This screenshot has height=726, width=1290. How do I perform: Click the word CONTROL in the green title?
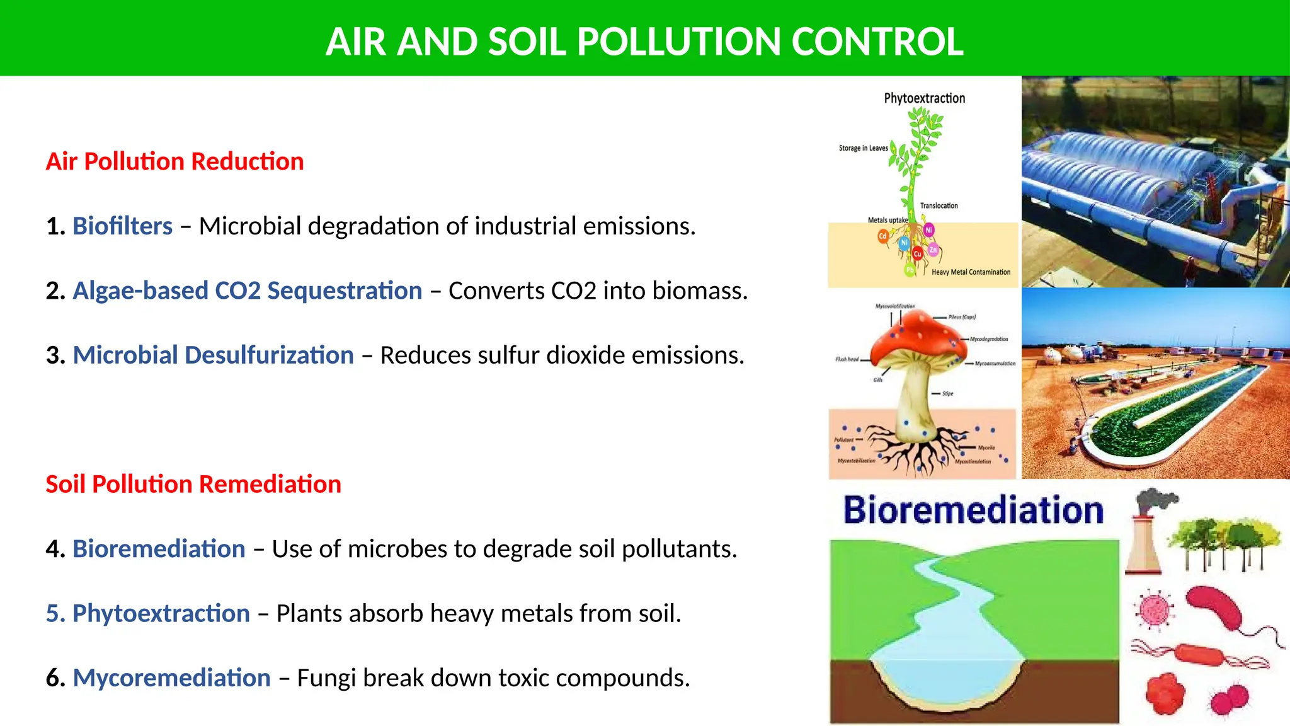[x=877, y=42]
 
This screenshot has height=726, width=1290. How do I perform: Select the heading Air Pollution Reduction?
[x=174, y=161]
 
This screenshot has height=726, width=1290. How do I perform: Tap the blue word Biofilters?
[x=122, y=226]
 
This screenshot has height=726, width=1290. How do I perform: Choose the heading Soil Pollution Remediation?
[x=193, y=484]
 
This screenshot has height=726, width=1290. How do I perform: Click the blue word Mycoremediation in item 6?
[x=171, y=677]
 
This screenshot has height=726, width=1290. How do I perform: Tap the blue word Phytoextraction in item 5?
[x=161, y=613]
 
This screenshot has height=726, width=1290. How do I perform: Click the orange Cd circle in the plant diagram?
[x=882, y=236]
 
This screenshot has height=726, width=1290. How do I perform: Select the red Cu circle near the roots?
[x=917, y=254]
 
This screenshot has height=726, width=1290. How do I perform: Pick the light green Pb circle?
[x=910, y=270]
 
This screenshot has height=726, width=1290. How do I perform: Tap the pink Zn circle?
[x=933, y=250]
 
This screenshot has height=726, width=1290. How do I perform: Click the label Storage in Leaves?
[x=863, y=148]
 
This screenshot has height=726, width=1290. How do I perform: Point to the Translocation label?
[x=939, y=205]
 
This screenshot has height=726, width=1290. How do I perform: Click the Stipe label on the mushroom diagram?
[x=947, y=393]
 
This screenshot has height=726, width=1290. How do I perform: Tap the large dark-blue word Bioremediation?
[x=973, y=510]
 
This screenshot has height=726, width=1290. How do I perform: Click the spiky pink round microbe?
[x=1154, y=610]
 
